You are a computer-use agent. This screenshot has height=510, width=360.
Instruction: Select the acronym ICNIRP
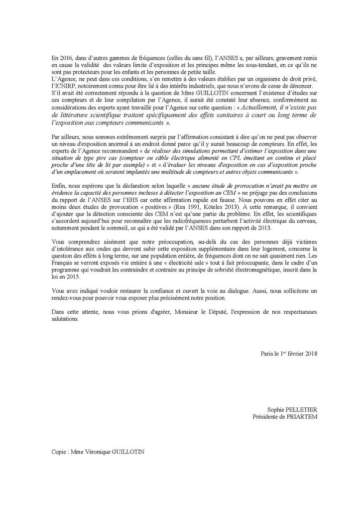point(66,86)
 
